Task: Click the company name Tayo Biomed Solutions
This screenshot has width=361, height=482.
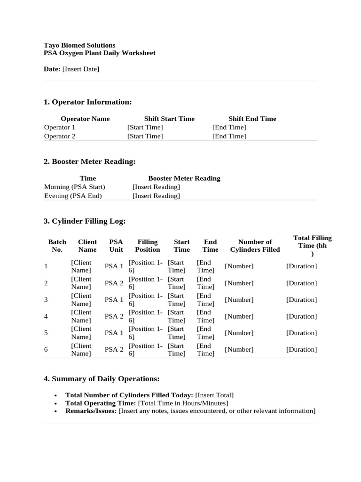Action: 79,45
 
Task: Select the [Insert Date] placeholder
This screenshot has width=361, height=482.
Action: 80,69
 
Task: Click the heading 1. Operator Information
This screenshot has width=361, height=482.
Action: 88,102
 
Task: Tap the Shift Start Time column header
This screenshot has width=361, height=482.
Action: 169,119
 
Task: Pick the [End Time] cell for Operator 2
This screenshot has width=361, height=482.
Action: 229,136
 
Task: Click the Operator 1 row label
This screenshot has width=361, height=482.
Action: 60,127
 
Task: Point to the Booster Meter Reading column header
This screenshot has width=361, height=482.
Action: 184,178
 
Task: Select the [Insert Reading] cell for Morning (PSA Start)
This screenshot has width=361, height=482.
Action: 156,187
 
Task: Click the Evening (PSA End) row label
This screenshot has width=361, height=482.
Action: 73,196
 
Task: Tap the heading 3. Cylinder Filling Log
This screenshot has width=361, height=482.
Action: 85,221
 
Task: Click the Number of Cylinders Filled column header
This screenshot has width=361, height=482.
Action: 255,246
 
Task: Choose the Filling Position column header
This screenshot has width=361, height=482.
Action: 148,246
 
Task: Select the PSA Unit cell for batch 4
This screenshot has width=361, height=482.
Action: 114,316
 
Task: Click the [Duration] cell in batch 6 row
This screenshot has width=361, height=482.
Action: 301,349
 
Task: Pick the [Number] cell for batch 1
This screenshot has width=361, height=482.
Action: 239,266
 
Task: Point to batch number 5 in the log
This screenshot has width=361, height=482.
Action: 46,333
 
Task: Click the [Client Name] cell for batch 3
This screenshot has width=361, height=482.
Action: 81,299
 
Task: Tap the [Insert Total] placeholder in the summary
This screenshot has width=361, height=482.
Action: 214,395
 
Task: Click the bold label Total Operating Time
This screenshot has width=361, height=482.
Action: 101,403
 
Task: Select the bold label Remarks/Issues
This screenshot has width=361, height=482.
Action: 91,411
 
